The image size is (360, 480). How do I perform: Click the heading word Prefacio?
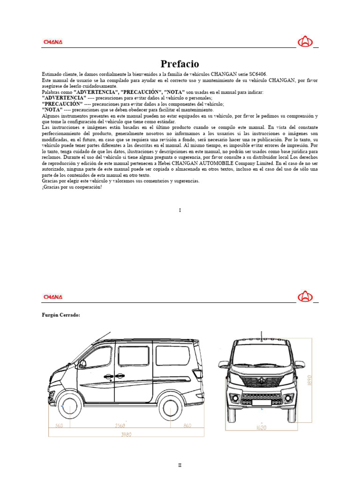pos(180,64)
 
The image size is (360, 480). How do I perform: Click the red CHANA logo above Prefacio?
pos(53,42)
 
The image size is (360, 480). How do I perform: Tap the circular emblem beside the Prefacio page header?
pos(305,42)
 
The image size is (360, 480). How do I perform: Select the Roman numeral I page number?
pos(180,210)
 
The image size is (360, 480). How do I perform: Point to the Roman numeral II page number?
pos(180,465)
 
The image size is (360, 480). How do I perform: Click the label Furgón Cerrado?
pos(61,315)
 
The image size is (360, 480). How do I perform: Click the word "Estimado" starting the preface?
pos(52,75)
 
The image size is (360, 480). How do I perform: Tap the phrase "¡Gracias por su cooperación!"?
pos(71,187)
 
